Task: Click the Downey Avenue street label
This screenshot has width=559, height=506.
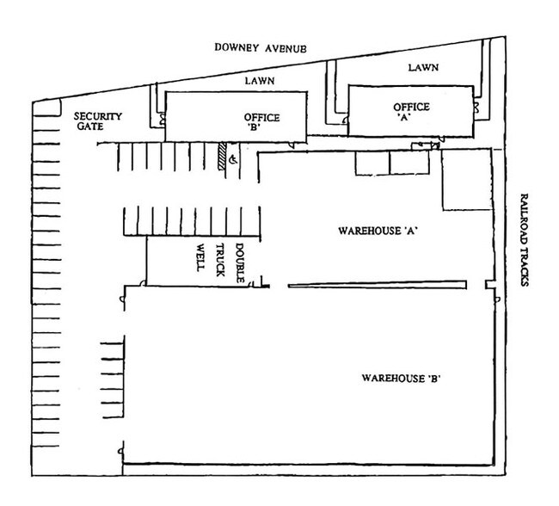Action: (x=261, y=48)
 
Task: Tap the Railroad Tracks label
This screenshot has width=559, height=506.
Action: (x=524, y=240)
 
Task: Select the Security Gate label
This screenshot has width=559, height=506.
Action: (x=98, y=121)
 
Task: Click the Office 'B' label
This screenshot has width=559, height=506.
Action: (x=261, y=122)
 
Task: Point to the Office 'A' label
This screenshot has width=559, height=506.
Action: (x=411, y=112)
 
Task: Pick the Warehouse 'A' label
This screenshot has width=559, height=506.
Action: (x=378, y=231)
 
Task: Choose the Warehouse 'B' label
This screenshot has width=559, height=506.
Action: (x=401, y=378)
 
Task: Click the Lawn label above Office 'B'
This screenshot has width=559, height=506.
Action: (x=260, y=81)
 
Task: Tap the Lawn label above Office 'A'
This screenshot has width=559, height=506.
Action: (x=423, y=67)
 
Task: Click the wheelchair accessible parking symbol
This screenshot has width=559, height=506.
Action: (x=233, y=159)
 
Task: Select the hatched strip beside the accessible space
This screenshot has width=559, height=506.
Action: (x=223, y=156)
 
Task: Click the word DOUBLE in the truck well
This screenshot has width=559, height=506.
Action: (x=240, y=263)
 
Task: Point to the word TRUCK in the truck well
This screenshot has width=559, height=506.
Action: (x=220, y=260)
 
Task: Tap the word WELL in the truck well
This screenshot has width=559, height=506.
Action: (x=200, y=257)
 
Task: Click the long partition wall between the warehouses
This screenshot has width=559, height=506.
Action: (x=378, y=284)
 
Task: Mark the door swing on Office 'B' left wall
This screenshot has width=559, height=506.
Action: (x=163, y=119)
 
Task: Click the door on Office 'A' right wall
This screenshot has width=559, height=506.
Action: (x=476, y=108)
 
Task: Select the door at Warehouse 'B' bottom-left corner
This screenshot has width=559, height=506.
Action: (x=121, y=452)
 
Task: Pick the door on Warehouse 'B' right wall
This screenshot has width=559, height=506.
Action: (x=497, y=299)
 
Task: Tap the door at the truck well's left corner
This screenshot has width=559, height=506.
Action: (x=143, y=283)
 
